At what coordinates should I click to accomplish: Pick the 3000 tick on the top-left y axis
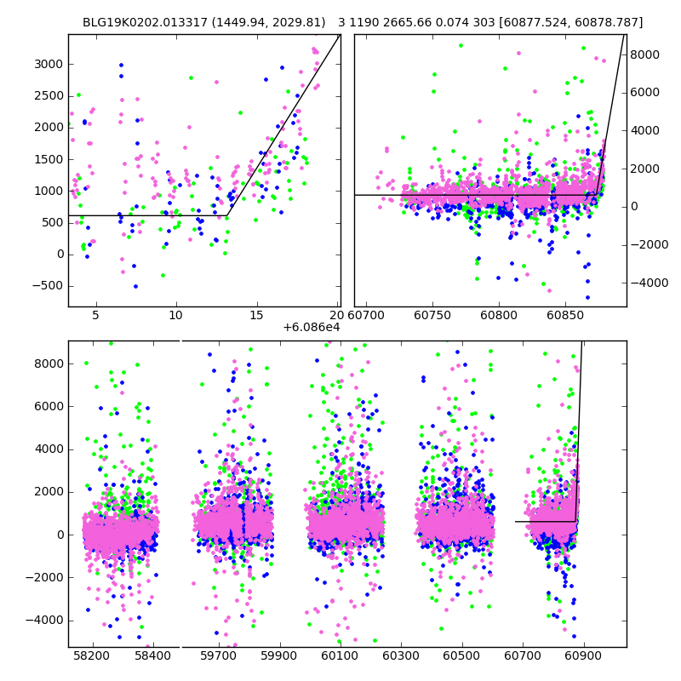pyautogui.click(x=49, y=64)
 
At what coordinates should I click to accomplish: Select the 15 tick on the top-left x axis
pyautogui.click(x=256, y=316)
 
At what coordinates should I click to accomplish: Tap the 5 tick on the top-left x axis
pyautogui.click(x=95, y=316)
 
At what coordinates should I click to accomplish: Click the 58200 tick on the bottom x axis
pyautogui.click(x=91, y=656)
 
